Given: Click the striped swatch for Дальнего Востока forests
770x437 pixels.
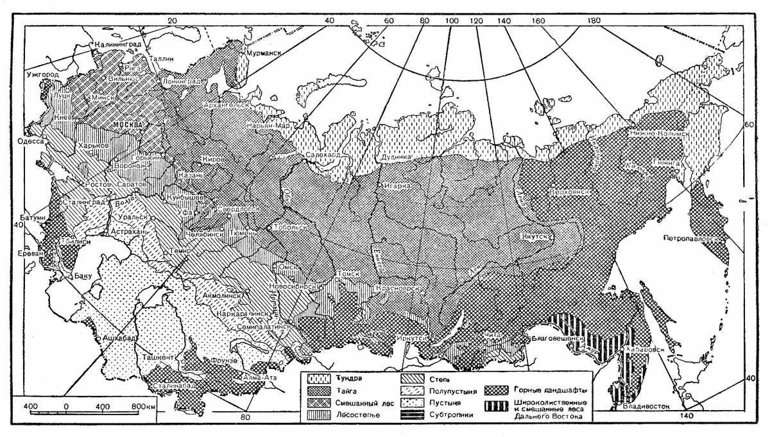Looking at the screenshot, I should [496, 406].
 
